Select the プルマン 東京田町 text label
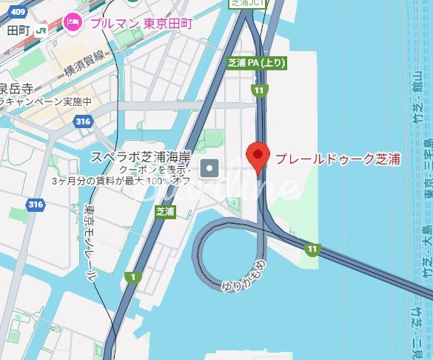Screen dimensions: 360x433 141,23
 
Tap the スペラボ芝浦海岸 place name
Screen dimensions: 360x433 141,156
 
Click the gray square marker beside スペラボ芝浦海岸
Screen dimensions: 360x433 209,168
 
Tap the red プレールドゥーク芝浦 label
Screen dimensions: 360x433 338,158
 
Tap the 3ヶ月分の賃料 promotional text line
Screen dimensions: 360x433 133,181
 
